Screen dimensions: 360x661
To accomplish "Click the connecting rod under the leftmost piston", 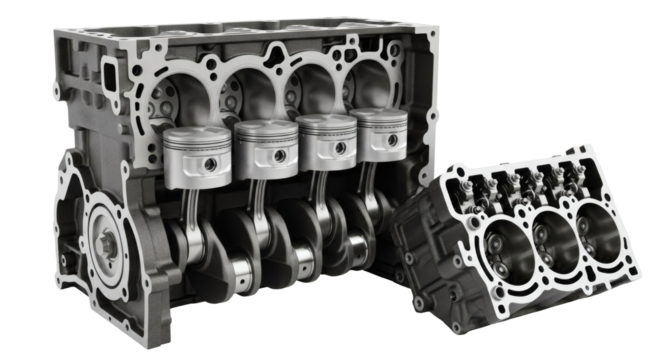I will (x=196, y=210).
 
